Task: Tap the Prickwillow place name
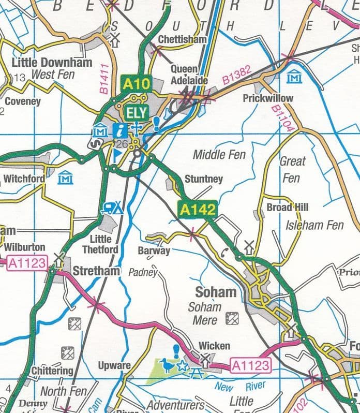[268, 98]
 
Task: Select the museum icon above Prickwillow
[294, 76]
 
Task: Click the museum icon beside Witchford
[66, 178]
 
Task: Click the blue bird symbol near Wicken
[167, 366]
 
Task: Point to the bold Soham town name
[216, 292]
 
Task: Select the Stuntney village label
[204, 179]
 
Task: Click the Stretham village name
[96, 271]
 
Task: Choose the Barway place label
[154, 251]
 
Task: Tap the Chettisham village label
[182, 39]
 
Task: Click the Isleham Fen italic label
[314, 225]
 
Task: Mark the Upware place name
[114, 366]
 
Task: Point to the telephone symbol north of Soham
[224, 253]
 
